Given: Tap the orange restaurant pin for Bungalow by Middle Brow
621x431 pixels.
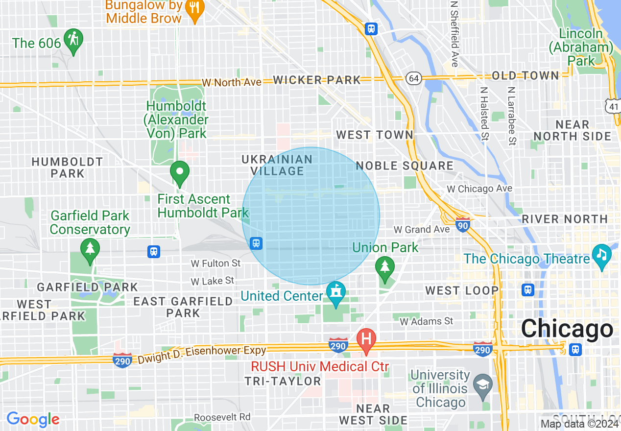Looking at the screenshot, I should pos(195,9).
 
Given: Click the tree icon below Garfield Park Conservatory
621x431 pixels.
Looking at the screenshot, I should pos(90,249).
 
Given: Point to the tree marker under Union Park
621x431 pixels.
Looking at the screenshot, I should pos(385,267).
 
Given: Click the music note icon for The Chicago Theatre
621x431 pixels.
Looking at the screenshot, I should pos(602,255).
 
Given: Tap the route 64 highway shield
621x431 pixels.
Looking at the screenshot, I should pos(414,78).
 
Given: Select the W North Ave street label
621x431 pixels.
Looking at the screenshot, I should pos(231,82).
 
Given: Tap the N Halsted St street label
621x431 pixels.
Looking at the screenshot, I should pos(484,114).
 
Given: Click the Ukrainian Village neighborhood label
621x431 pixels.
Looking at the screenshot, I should pos(277,165).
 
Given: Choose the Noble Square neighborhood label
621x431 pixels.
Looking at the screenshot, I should pos(405,166).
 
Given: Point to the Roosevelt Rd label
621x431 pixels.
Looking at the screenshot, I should pos(222,417).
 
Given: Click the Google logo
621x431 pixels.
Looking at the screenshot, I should pos(33,419).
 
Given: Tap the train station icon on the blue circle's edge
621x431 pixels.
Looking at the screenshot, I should pos(256,243).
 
